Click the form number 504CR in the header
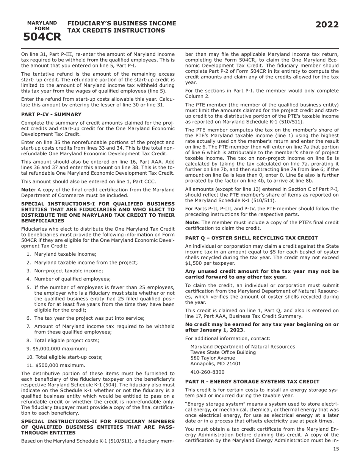pos(42,37)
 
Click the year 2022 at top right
pos(327,25)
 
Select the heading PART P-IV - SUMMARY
pos(51,114)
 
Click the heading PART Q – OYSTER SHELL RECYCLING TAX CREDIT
pos(251,238)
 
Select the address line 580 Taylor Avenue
pos(213,358)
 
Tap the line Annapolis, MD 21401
pos(215,364)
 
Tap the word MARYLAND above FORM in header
pos(42,23)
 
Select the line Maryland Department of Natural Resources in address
pos(243,347)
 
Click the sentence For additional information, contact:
pos(228,338)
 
